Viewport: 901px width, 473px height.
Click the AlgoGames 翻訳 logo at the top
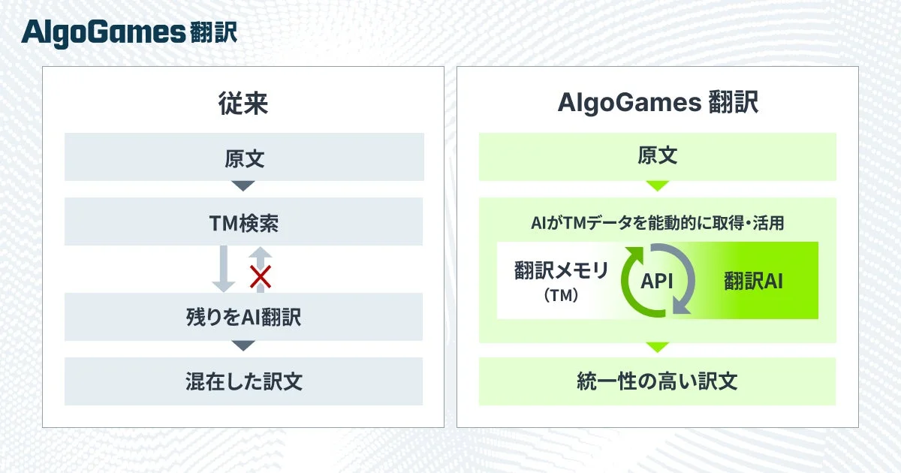[129, 32]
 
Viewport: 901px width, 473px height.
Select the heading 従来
[243, 104]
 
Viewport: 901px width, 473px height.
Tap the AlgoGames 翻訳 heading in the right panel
[658, 104]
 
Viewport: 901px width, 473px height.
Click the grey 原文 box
[244, 157]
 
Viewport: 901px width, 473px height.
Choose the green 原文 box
[657, 156]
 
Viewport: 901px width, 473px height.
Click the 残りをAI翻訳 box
[244, 317]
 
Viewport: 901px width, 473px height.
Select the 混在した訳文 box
[244, 381]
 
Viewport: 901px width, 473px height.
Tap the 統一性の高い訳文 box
[657, 381]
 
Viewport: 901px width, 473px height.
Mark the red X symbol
[260, 278]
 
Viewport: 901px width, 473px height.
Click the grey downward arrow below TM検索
[224, 269]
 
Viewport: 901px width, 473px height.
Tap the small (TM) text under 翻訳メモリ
[561, 296]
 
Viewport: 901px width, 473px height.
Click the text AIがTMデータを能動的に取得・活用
[657, 224]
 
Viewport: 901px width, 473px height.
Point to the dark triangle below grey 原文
[243, 185]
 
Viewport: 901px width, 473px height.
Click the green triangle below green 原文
[657, 185]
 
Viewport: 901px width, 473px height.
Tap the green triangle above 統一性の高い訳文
[657, 347]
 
